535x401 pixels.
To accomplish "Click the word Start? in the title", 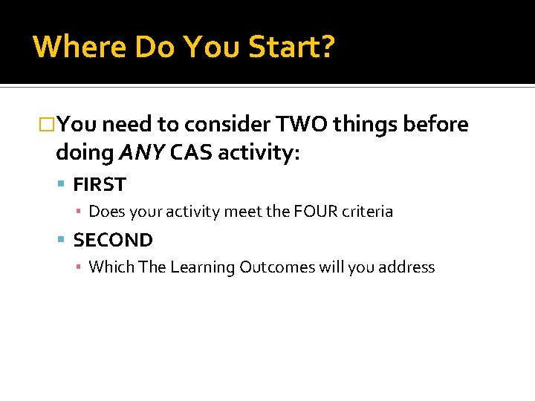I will tap(291, 47).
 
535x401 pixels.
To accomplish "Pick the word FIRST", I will tap(100, 184).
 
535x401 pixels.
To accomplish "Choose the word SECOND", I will tap(113, 240).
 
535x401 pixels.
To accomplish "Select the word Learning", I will tap(202, 267).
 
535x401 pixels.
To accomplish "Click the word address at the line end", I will tap(405, 267).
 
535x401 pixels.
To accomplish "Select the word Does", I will tap(107, 212).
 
